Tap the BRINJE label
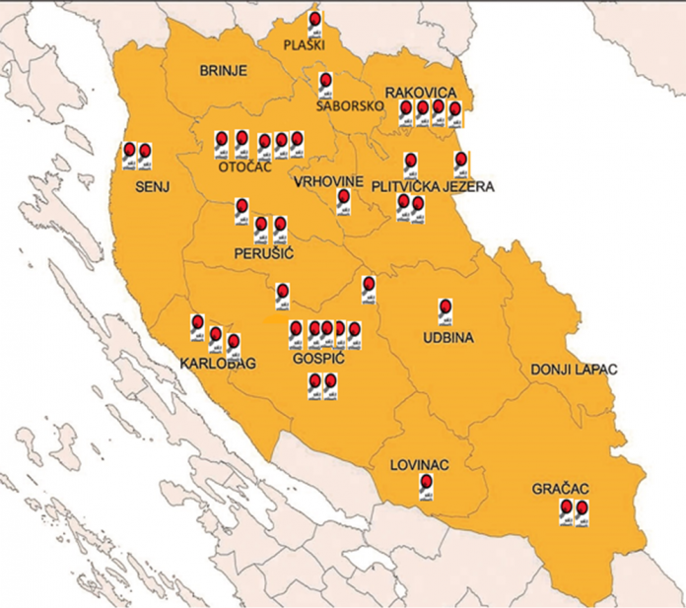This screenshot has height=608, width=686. (x=223, y=71)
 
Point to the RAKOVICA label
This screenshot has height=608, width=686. (x=421, y=92)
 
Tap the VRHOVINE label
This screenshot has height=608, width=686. (x=329, y=182)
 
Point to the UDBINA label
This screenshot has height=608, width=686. (x=448, y=338)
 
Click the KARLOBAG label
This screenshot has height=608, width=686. (x=218, y=365)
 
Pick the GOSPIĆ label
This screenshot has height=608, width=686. (x=315, y=361)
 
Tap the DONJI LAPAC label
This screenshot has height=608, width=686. (x=574, y=369)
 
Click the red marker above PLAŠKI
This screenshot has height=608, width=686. (x=314, y=19)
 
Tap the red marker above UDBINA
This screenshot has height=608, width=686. (x=445, y=307)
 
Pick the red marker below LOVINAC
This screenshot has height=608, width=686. (x=426, y=482)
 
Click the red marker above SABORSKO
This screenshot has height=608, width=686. (x=325, y=80)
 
